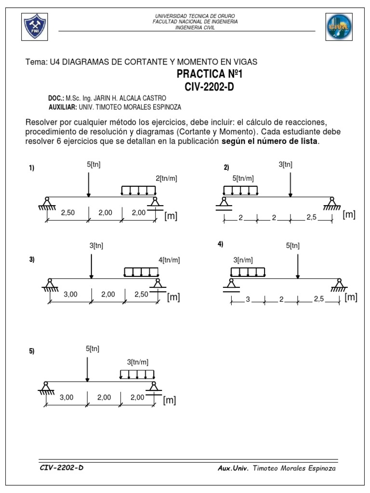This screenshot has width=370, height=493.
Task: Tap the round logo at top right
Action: pyautogui.click(x=339, y=26)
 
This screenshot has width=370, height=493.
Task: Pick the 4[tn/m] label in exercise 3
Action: pyautogui.click(x=169, y=260)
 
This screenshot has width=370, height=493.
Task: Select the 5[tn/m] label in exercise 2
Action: pyautogui.click(x=243, y=179)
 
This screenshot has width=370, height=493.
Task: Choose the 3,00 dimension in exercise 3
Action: pyautogui.click(x=70, y=294)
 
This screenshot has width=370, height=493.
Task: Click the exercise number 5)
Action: pyautogui.click(x=32, y=351)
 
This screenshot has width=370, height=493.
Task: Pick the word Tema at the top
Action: pyautogui.click(x=35, y=62)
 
